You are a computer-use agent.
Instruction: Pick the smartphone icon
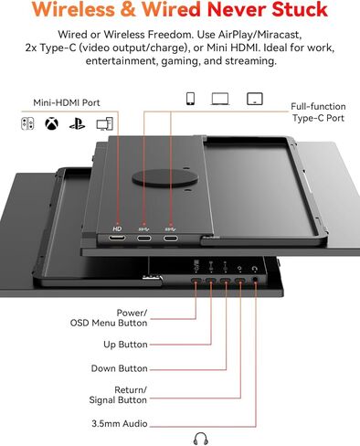coord(189,98)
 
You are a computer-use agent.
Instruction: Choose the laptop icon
coord(220,98)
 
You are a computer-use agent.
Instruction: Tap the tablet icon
coord(255,98)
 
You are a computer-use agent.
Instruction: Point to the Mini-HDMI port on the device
coord(117,239)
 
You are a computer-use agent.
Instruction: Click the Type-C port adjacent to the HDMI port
coord(143,239)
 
